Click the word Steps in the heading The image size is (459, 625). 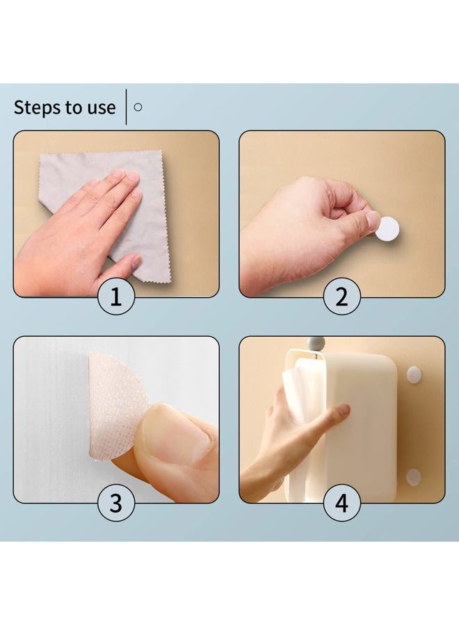tap(35, 108)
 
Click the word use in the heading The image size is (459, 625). tap(99, 108)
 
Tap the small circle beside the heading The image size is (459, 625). tap(138, 107)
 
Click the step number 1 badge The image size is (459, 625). tap(116, 297)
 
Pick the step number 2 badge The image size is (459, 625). tap(341, 297)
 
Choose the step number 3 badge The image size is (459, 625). tap(116, 503)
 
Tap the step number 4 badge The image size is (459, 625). tap(341, 503)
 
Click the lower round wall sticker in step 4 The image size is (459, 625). tap(414, 476)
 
